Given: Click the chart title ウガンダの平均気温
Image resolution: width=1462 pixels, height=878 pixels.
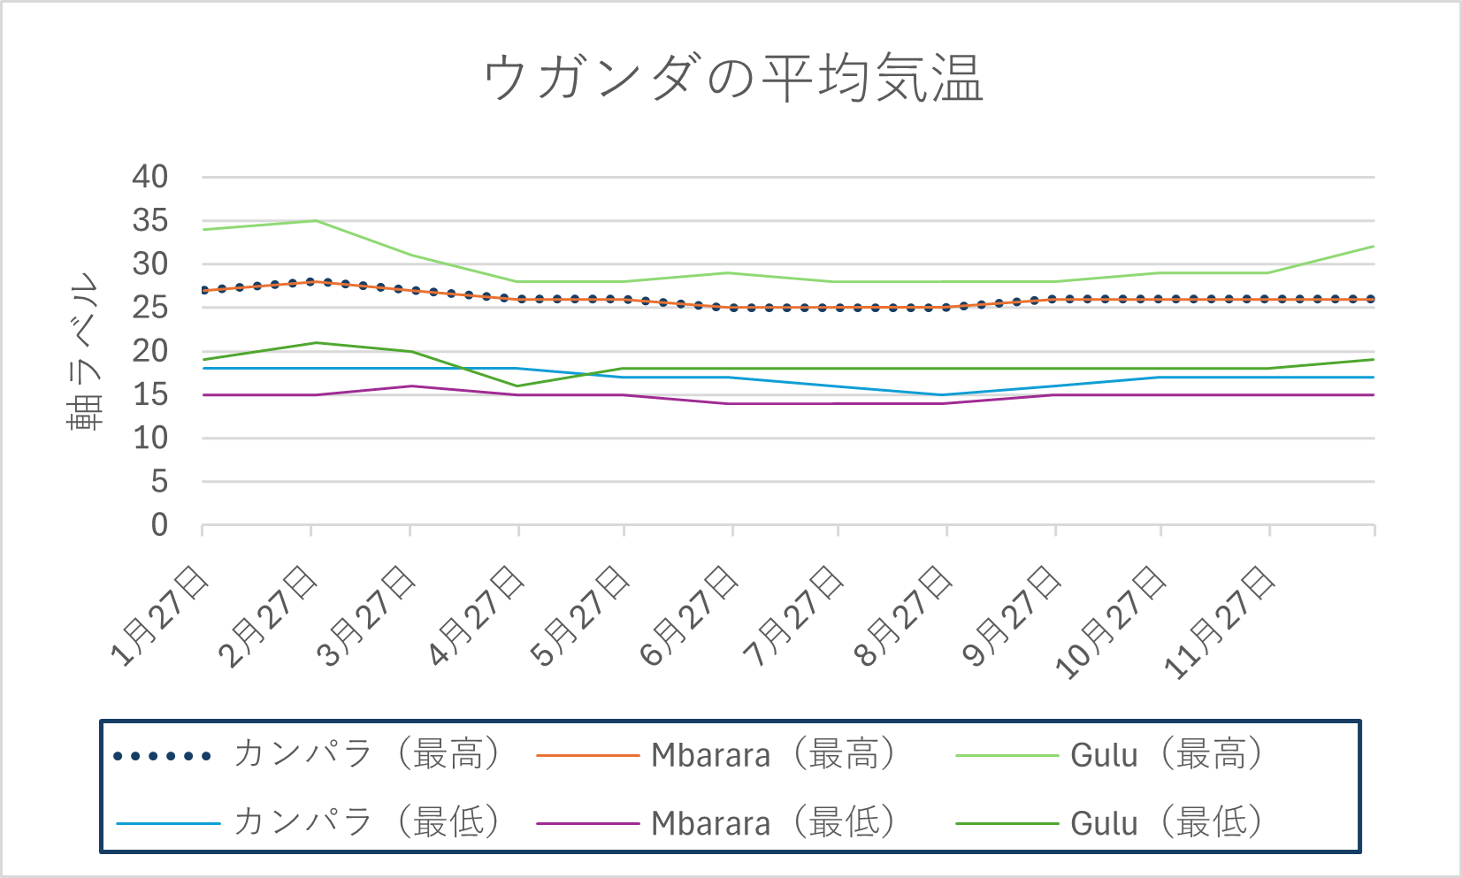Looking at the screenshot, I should [733, 78].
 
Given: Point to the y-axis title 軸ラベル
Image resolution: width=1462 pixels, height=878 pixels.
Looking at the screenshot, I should [84, 351].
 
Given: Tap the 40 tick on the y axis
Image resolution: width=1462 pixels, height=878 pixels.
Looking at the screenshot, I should [149, 177].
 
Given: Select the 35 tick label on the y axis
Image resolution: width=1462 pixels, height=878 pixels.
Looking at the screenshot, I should [149, 220].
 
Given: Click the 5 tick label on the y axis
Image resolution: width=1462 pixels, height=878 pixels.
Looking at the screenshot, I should [158, 482].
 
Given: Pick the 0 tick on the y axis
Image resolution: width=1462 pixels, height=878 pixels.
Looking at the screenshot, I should [158, 525].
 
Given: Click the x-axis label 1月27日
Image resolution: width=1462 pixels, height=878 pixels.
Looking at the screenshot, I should [160, 617].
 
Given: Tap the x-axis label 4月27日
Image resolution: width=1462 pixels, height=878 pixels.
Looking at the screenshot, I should [476, 617].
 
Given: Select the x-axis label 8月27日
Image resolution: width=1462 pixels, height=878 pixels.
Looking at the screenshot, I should [904, 617].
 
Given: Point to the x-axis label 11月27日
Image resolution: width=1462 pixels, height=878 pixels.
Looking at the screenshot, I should [1221, 623].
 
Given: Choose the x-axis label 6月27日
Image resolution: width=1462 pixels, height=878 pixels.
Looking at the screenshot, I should [690, 617].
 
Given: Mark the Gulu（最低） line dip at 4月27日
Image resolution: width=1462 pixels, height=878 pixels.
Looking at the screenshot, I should [518, 386].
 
